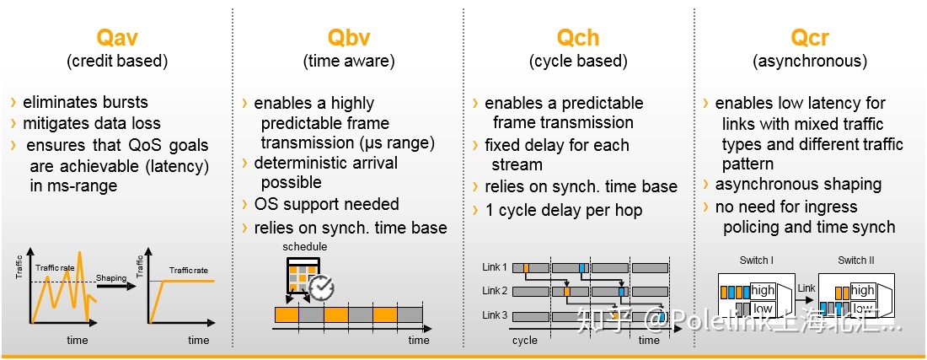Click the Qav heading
[x=117, y=38]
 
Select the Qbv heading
[x=349, y=38]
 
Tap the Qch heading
[x=578, y=38]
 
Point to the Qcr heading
[x=810, y=38]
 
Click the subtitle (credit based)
[x=117, y=62]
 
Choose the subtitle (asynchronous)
[x=810, y=62]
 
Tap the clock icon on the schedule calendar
[x=321, y=287]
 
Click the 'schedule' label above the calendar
[x=305, y=246]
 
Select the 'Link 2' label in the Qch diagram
[x=495, y=291]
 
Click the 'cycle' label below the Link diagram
[x=525, y=341]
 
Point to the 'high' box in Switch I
[x=763, y=290]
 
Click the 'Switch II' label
[x=857, y=261]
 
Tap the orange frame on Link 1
[x=526, y=268]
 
